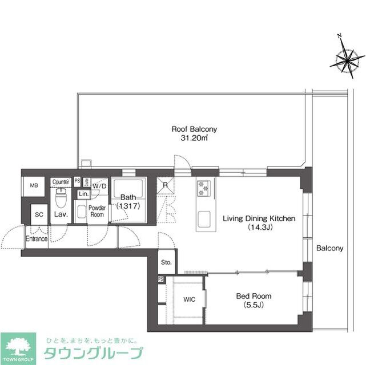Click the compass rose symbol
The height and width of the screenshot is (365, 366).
point(348,58)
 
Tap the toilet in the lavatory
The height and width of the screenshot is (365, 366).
point(61,199)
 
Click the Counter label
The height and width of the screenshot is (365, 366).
point(61,182)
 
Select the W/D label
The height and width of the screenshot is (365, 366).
point(100,186)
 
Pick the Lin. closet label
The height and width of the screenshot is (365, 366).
point(83,194)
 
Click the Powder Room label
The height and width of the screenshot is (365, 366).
point(97,211)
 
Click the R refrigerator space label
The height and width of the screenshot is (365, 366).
point(165,185)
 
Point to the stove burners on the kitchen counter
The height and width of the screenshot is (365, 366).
point(204,188)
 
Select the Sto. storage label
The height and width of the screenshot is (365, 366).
point(166,263)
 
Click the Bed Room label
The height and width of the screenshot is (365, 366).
point(254,297)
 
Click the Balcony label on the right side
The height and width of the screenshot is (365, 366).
point(329,248)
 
